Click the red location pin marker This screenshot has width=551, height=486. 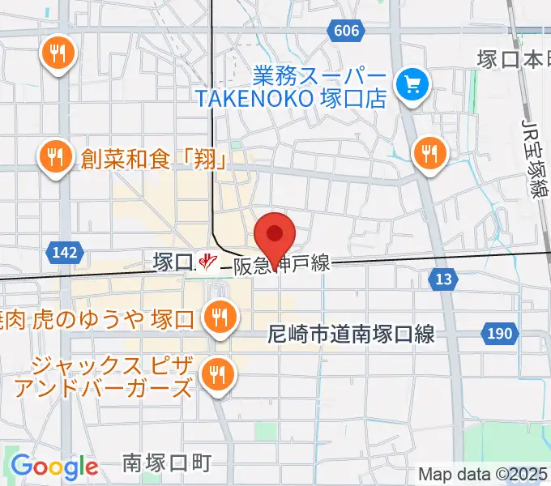point(275,236)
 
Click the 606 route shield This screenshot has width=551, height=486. point(345,30)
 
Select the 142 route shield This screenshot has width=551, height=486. point(64,253)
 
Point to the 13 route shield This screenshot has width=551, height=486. point(442,279)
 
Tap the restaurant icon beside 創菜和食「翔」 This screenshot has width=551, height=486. point(56,156)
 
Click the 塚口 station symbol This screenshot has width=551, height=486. point(209,262)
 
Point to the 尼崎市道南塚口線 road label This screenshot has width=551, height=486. point(352,333)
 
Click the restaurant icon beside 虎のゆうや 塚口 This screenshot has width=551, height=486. point(218,317)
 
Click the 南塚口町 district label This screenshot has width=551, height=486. point(168,463)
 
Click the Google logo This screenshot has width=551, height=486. point(54,467)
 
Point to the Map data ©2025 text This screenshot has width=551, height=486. point(483,474)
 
